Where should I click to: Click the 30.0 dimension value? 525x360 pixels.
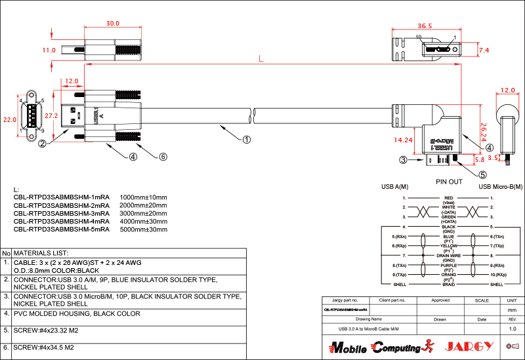pyautogui.click(x=113, y=23)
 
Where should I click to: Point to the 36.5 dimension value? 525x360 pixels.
pyautogui.click(x=425, y=26)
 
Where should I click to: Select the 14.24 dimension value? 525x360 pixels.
pyautogui.click(x=404, y=140)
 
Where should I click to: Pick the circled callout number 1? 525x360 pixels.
pyautogui.click(x=247, y=139)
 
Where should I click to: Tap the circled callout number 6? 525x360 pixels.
pyautogui.click(x=163, y=157)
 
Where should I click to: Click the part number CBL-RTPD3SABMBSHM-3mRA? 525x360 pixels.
pyautogui.click(x=62, y=214)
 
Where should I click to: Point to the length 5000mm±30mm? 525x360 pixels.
pyautogui.click(x=144, y=230)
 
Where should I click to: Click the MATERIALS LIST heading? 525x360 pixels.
pyautogui.click(x=41, y=252)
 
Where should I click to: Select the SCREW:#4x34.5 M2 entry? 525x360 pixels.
pyautogui.click(x=44, y=347)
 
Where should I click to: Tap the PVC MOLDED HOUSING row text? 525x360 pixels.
pyautogui.click(x=77, y=313)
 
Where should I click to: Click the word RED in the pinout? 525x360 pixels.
pyautogui.click(x=449, y=197)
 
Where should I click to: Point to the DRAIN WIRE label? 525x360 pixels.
pyautogui.click(x=449, y=255)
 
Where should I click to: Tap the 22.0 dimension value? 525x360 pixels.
pyautogui.click(x=9, y=120)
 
